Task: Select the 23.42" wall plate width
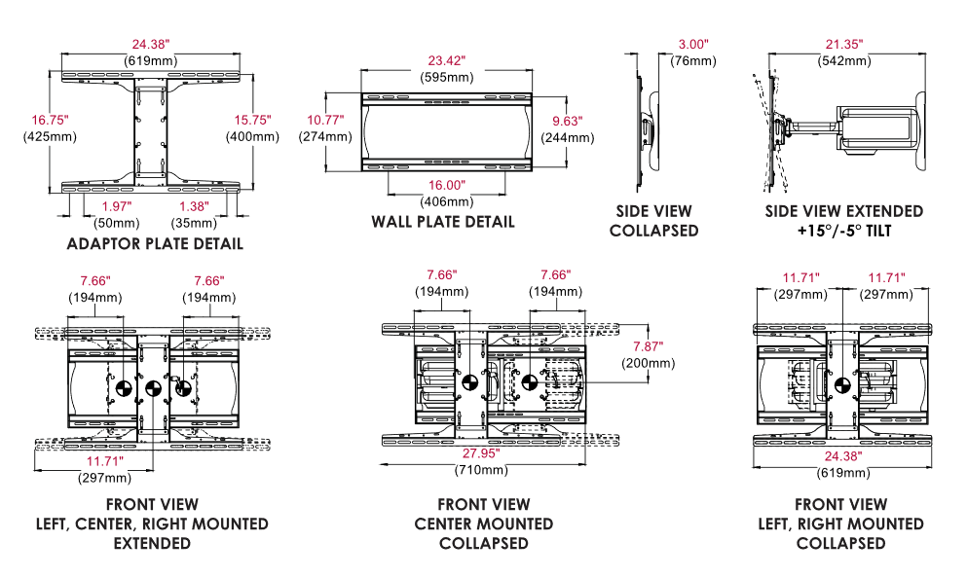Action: point(442,59)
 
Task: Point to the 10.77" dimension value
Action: point(325,121)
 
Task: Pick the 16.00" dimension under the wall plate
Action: point(447,185)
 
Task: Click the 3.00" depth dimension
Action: point(693,44)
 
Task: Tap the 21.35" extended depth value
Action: point(844,44)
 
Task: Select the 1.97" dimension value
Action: point(116,206)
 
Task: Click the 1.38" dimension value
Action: point(192,206)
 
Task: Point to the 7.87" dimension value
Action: point(648,346)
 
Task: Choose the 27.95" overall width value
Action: point(482,453)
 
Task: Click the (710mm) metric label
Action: point(482,470)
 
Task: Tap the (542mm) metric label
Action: point(844,60)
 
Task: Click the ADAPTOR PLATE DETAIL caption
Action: point(155,243)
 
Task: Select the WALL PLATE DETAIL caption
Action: point(443,222)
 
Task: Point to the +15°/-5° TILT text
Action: point(844,231)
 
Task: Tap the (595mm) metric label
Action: point(442,76)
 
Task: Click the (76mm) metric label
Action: point(693,60)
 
